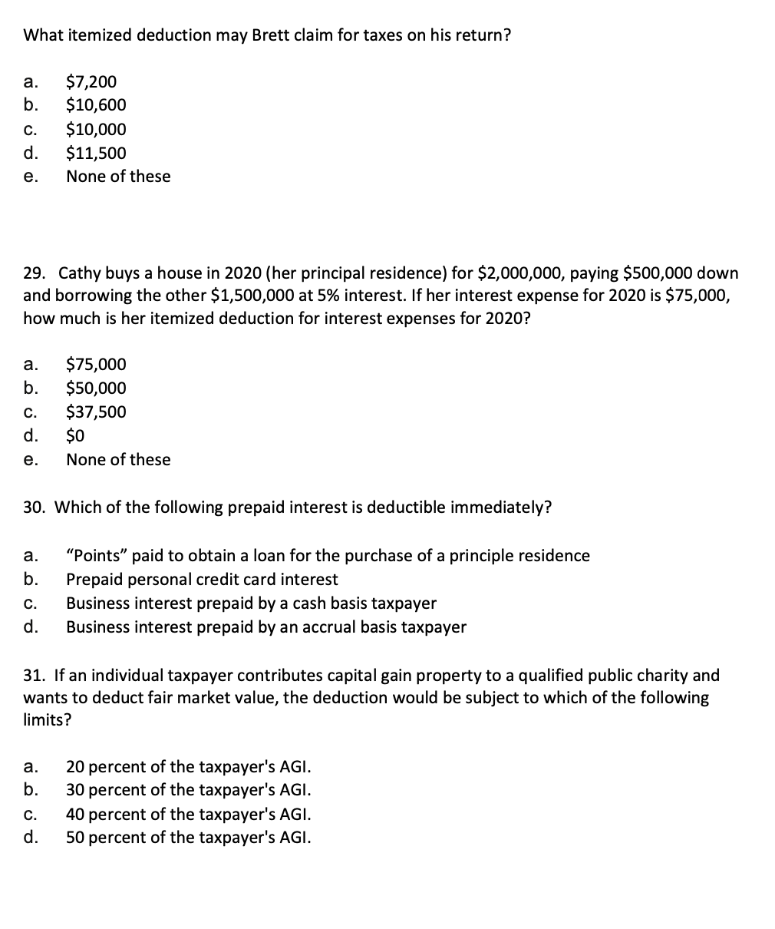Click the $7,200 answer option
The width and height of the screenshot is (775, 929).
(91, 81)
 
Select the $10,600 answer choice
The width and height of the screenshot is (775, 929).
(96, 105)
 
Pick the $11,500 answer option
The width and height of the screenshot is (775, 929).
(96, 153)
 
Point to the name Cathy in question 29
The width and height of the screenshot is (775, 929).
(79, 273)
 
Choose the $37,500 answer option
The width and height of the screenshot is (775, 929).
(96, 412)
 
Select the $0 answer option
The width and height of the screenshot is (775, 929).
(75, 436)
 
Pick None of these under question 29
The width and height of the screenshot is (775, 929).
(118, 460)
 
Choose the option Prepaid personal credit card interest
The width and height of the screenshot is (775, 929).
(202, 580)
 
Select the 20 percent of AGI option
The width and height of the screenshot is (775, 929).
(189, 766)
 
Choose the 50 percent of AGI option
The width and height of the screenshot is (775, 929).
(189, 838)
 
